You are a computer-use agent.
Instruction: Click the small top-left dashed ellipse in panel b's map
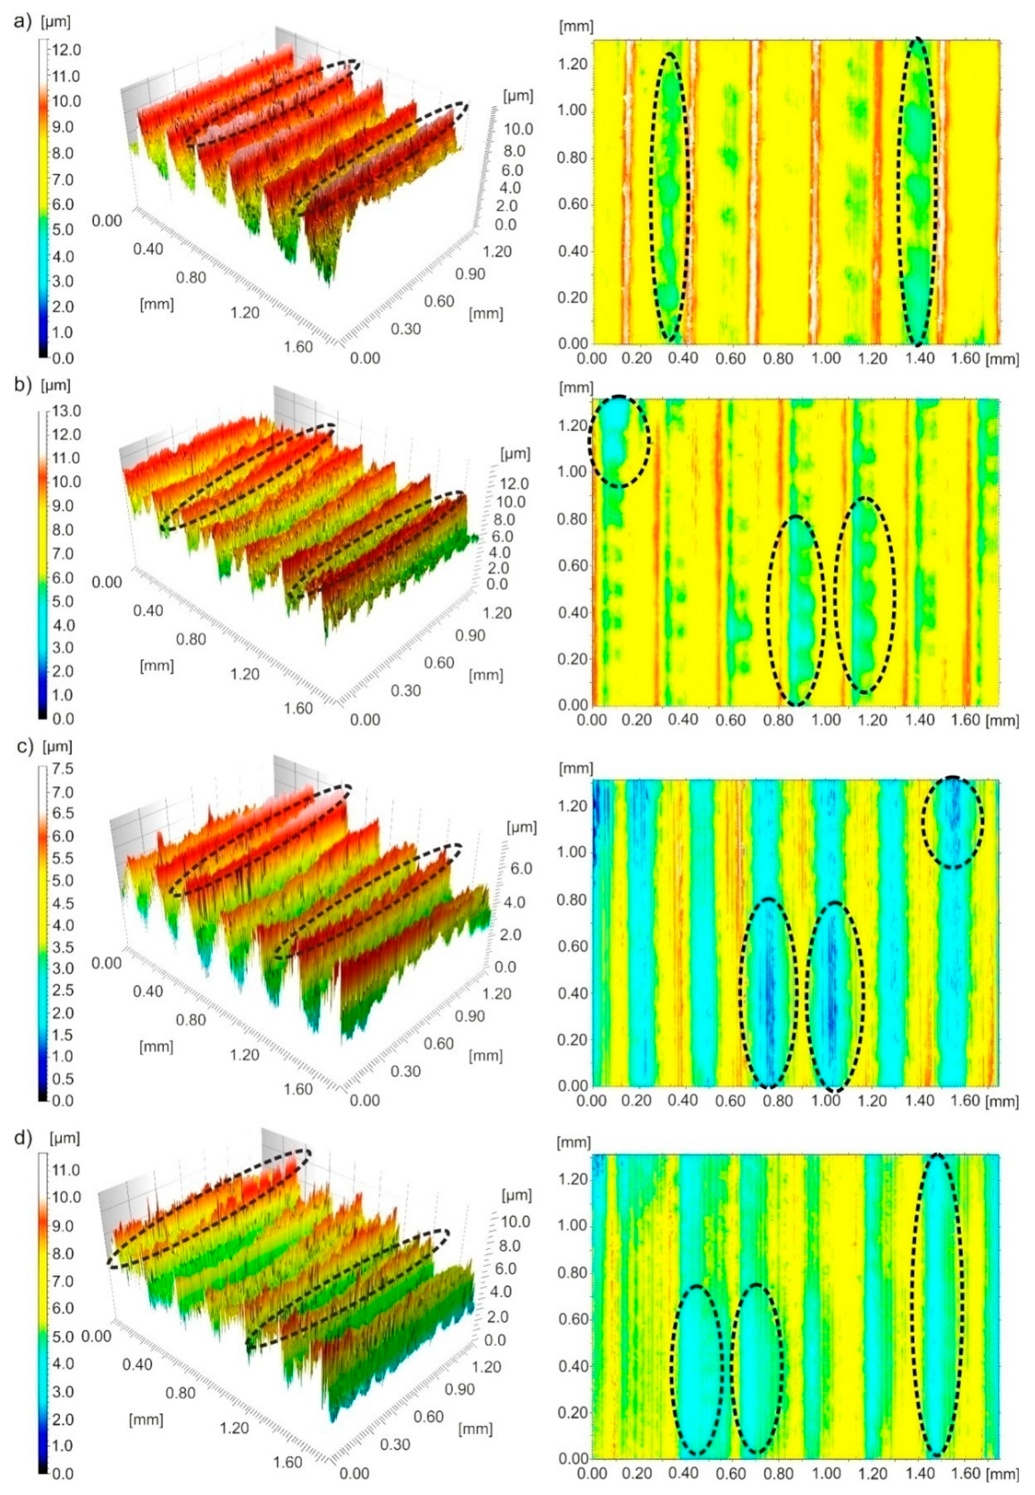(x=619, y=441)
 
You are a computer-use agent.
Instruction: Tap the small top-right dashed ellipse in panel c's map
(x=952, y=822)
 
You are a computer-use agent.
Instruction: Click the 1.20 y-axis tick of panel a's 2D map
(x=573, y=64)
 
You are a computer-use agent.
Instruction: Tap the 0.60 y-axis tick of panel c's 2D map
(x=573, y=947)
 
